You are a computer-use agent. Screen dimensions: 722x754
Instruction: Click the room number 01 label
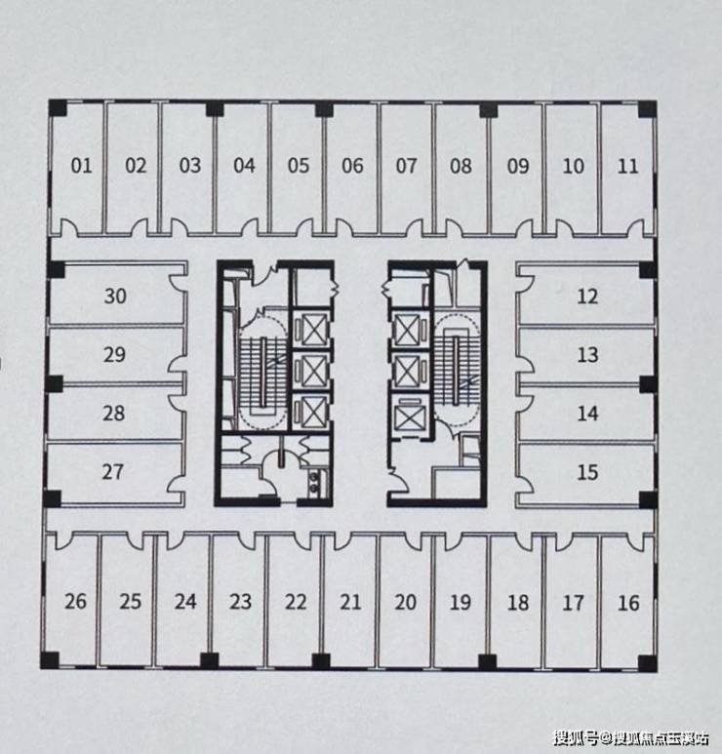[x=81, y=166]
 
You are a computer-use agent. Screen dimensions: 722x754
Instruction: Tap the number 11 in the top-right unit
[x=627, y=167]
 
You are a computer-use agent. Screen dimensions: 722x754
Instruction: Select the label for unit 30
[x=115, y=297]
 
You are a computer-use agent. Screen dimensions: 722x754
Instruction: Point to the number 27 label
[x=112, y=472]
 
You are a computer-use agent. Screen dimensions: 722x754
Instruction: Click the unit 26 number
[x=75, y=602]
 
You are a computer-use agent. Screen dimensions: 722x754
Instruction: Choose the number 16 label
[x=628, y=603]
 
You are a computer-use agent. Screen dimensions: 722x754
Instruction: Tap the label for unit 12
[x=587, y=297]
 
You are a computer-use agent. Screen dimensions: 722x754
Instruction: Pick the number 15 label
[x=587, y=472]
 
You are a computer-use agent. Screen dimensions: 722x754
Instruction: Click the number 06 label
[x=352, y=166]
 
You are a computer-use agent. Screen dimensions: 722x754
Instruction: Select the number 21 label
[x=350, y=602]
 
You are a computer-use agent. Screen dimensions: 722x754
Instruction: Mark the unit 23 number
[x=241, y=602]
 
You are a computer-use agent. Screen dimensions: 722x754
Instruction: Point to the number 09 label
[x=518, y=167]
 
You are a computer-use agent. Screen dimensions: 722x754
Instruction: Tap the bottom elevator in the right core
[x=407, y=415]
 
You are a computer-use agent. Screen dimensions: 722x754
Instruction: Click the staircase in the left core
[x=263, y=373]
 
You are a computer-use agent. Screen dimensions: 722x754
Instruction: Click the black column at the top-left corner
[x=59, y=108]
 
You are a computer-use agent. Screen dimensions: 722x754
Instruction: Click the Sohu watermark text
[x=631, y=737]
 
